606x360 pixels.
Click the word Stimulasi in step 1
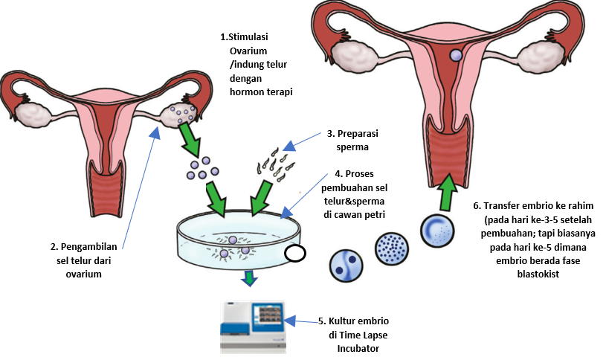pos(248,37)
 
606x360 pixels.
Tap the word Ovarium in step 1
pos(248,51)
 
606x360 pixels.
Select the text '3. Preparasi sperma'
pos(352,140)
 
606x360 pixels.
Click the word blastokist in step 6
pos(538,274)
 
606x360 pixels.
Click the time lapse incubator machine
pos(253,327)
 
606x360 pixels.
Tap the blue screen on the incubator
pos(268,315)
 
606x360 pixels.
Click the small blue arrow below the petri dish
pos(249,277)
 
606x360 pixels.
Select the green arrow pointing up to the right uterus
pos(447,192)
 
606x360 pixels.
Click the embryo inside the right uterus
pos(456,55)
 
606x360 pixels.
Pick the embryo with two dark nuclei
pos(346,266)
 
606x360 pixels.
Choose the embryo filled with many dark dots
pos(392,248)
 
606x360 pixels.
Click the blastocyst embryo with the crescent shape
pos(437,231)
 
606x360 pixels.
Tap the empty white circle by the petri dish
pos(295,254)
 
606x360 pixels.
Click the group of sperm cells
pos(276,166)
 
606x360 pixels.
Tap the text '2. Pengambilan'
pos(83,247)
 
